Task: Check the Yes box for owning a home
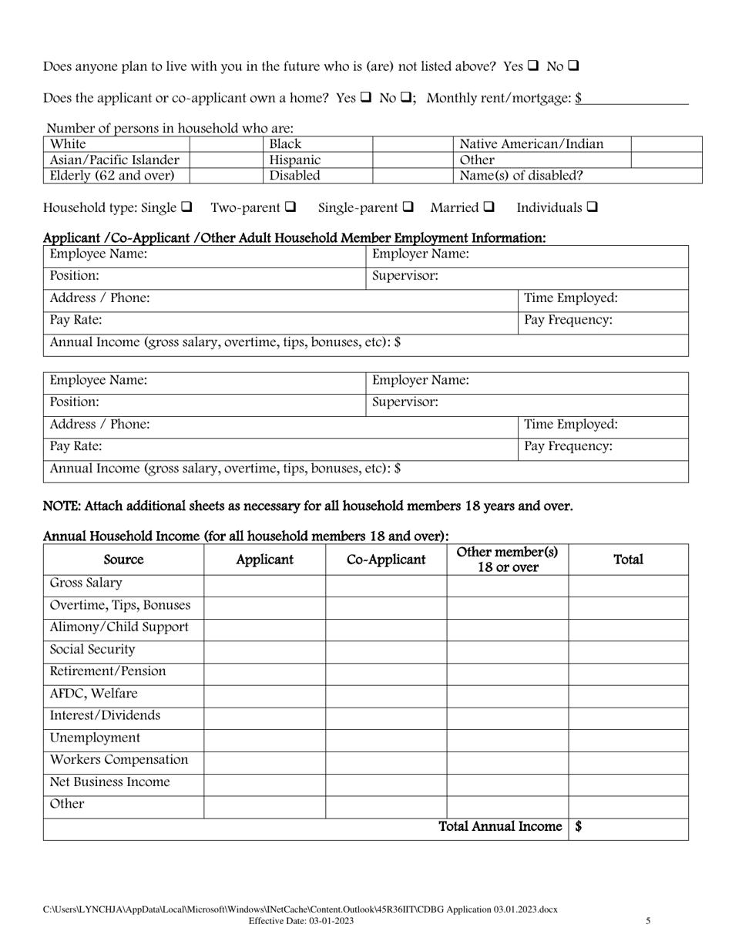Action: [366, 98]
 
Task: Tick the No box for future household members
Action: [573, 66]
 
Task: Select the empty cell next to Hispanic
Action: [414, 160]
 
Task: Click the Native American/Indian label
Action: [532, 144]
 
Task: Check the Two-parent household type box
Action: [290, 207]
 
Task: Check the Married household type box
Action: [489, 207]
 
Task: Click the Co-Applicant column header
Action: [386, 560]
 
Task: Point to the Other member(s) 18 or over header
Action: [507, 560]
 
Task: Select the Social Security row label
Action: [92, 650]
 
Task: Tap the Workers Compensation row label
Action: [119, 760]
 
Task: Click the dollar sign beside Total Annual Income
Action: [579, 827]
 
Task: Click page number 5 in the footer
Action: [648, 920]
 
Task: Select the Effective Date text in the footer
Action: [301, 920]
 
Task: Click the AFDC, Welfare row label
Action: [94, 694]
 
